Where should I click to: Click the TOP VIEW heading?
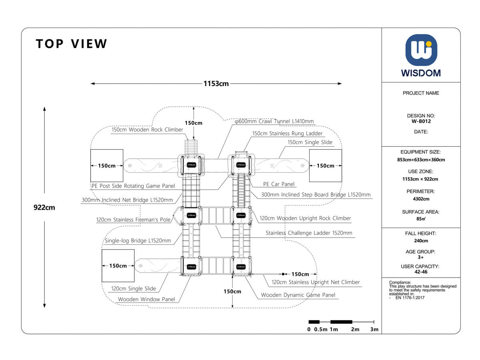[x=72, y=44]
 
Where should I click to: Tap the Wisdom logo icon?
[x=421, y=50]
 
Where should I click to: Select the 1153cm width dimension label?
[x=216, y=84]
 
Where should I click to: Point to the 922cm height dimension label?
[x=44, y=208]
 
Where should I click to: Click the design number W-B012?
[x=421, y=121]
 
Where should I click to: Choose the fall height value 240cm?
[x=421, y=241]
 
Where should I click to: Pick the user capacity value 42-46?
[x=421, y=272]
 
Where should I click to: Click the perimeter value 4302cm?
[x=421, y=199]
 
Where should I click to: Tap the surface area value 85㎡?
[x=421, y=219]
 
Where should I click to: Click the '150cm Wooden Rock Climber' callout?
[x=147, y=130]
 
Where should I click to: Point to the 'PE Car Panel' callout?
[x=279, y=184]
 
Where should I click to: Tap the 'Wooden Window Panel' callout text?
[x=146, y=299]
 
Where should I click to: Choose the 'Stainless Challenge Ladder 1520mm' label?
[x=309, y=233]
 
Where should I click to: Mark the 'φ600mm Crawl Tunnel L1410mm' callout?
[x=274, y=121]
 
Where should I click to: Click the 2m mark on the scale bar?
[x=355, y=330]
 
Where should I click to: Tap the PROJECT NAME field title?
[x=421, y=93]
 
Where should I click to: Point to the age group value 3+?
[x=421, y=257]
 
